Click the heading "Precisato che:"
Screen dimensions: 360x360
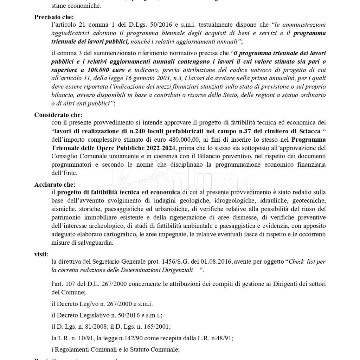54,17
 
